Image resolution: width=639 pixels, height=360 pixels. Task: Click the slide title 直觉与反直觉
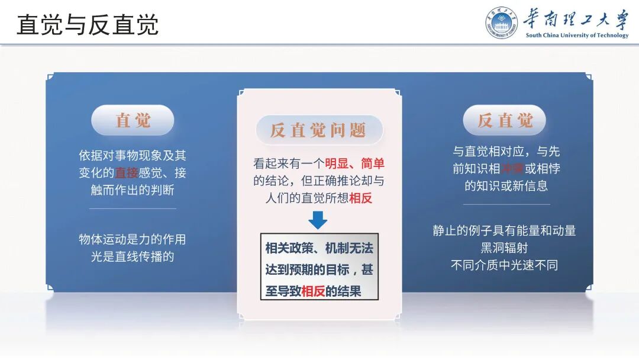88,25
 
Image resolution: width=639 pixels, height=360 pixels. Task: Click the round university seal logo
502,23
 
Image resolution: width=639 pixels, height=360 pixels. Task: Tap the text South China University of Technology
577,36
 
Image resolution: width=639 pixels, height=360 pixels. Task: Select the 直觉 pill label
133,120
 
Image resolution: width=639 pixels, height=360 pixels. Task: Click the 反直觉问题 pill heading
319,130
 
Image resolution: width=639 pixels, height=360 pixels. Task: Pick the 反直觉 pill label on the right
505,120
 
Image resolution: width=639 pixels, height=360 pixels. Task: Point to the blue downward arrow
318,220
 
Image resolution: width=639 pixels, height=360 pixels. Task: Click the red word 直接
127,173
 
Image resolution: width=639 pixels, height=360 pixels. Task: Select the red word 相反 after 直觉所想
360,198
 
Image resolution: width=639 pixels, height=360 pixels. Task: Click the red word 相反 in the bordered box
314,291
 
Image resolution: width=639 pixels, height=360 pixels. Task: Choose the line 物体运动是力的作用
133,239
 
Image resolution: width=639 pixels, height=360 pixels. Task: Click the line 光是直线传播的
128,256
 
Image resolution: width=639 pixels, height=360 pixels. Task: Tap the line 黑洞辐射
504,248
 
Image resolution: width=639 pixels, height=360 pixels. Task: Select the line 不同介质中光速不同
504,265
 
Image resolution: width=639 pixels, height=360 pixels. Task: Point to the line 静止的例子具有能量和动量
504,231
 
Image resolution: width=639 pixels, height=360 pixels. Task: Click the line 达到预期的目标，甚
319,269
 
